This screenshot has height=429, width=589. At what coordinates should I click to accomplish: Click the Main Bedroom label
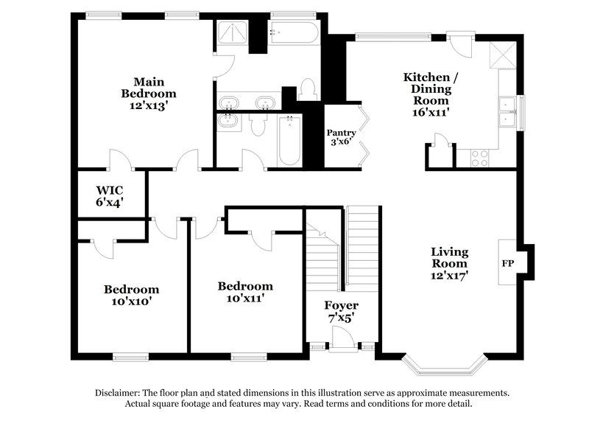pos(149,94)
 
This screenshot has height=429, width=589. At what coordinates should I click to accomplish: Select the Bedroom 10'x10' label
pos(131,295)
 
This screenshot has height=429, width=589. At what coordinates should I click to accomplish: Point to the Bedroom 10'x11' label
pos(244,292)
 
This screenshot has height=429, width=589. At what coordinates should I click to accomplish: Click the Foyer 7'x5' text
pos(342,311)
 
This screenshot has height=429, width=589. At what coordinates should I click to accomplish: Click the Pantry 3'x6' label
pos(342,138)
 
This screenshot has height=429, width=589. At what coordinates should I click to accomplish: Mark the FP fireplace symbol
pos(508,262)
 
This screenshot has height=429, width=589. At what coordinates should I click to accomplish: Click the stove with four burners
pos(480,157)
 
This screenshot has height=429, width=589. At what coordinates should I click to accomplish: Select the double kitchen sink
pos(507,112)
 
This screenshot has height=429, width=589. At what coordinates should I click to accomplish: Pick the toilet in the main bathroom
pos(308,91)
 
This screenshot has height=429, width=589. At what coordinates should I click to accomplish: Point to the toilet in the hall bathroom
pos(257,125)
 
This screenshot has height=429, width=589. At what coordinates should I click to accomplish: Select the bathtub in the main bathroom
pos(293,32)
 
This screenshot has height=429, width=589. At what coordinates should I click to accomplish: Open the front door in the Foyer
pos(342,339)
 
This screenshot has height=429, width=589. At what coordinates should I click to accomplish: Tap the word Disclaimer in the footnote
pos(121,393)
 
